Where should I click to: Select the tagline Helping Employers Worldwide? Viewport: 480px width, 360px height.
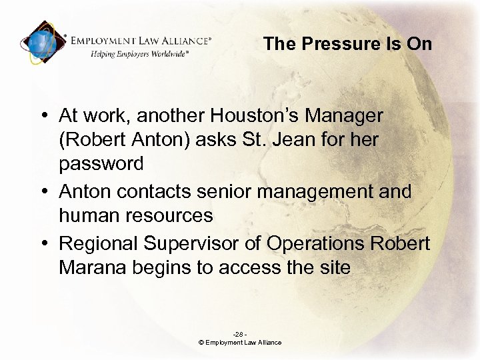140,54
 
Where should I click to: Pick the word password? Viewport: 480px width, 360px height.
101,164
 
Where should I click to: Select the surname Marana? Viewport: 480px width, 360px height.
88,268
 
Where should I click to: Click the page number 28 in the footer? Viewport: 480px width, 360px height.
239,334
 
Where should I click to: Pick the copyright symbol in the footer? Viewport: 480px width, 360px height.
201,343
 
